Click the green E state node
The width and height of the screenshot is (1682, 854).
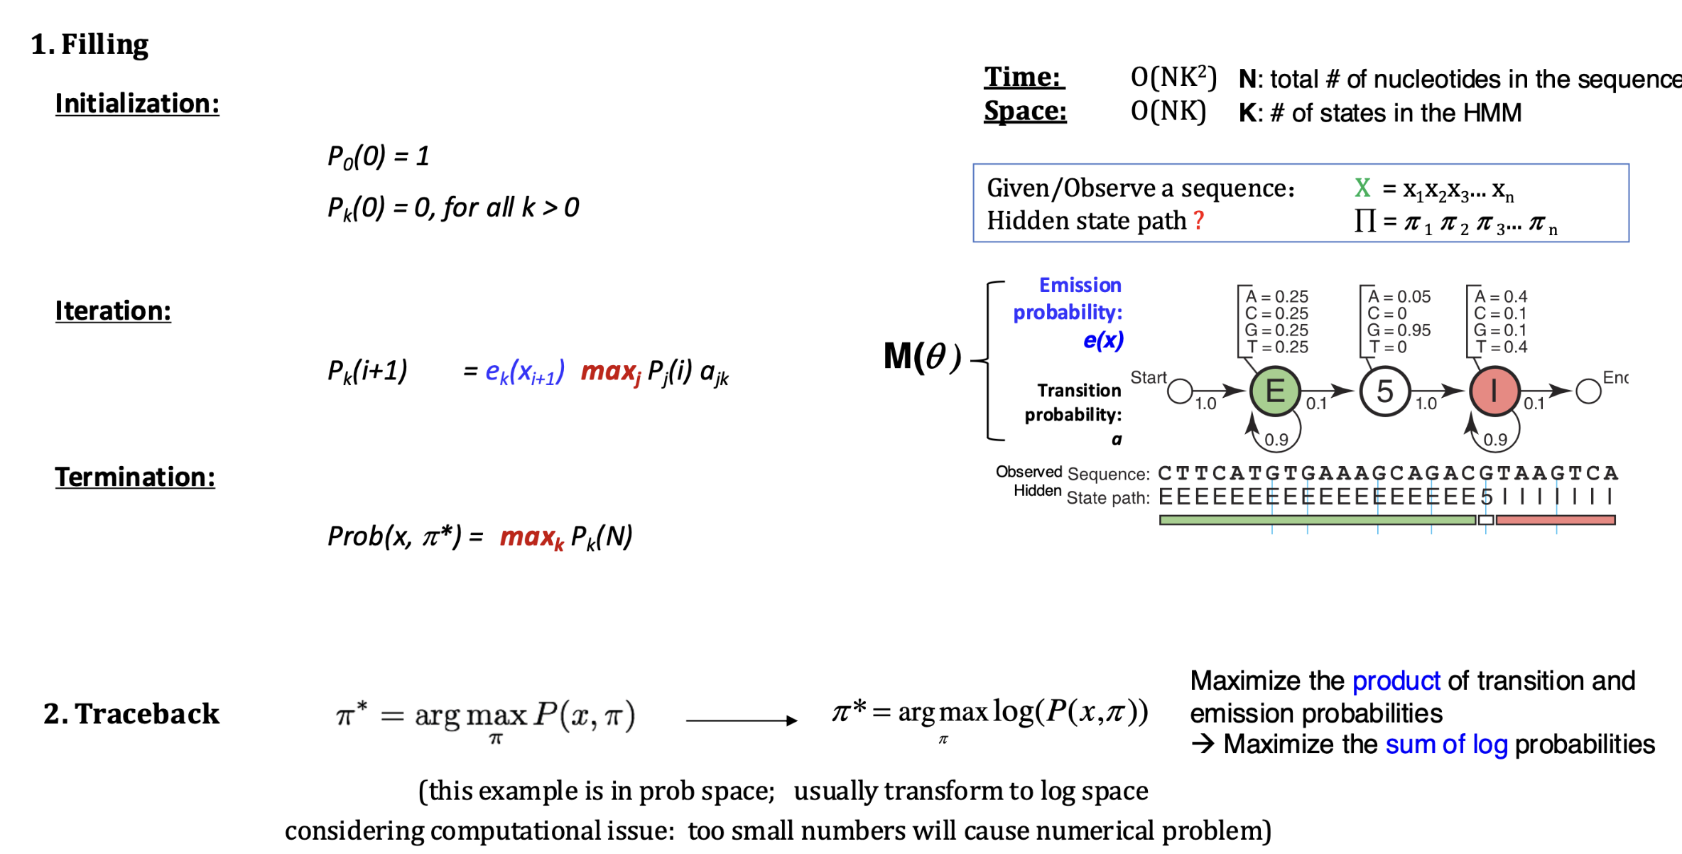coord(1275,391)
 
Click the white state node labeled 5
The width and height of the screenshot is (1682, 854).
coord(1384,391)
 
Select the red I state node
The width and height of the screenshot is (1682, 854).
coord(1494,391)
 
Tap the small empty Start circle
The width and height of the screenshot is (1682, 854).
coord(1180,391)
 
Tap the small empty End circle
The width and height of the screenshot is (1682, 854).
coord(1588,391)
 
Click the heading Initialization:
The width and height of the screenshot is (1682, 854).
coord(137,104)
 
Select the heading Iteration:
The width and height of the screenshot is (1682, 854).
coord(113,311)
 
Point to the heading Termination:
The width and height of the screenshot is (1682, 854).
coord(135,477)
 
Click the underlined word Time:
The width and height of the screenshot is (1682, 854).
coord(1023,77)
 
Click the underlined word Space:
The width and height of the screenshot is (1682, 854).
coord(1025,111)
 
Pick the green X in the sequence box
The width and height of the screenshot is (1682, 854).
coord(1362,188)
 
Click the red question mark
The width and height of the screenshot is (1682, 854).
coord(1199,220)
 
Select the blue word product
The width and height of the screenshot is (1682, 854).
coord(1396,681)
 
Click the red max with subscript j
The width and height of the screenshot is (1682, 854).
coord(610,372)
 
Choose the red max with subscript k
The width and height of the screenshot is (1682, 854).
coord(531,537)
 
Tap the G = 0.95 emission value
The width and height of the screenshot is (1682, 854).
coord(1398,330)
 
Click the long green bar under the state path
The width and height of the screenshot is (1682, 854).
coord(1317,520)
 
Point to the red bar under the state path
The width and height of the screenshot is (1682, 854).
coord(1555,520)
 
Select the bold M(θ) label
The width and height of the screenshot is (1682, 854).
coord(921,357)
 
